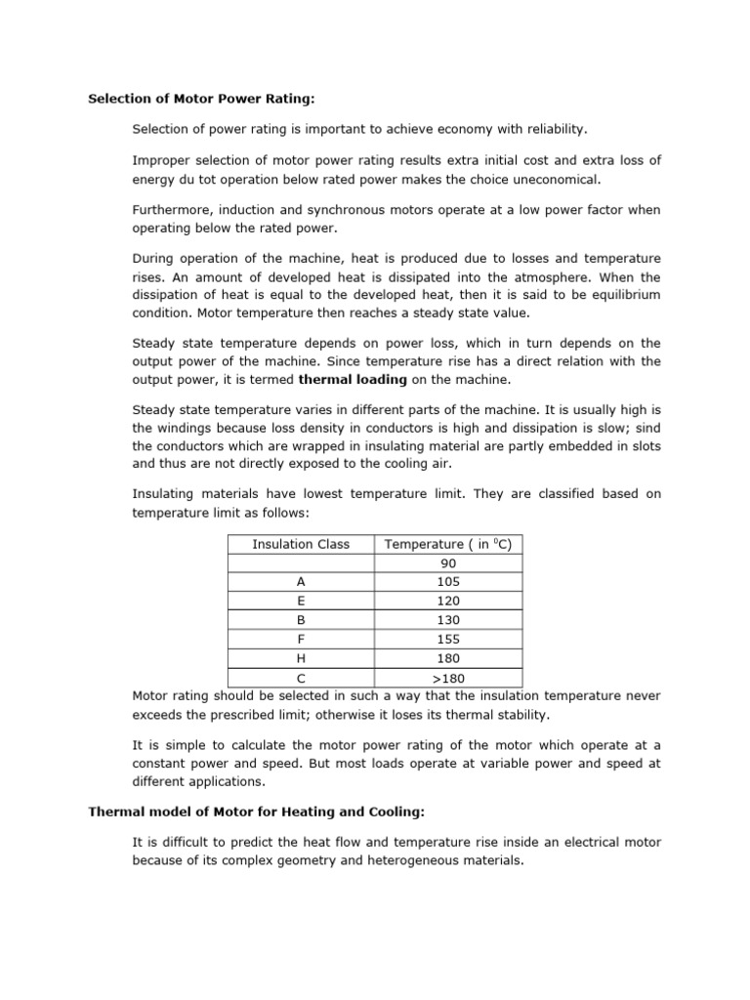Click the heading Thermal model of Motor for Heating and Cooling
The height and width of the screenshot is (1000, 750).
(257, 812)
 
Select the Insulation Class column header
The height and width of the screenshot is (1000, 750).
(301, 544)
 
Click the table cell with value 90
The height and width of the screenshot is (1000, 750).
(448, 563)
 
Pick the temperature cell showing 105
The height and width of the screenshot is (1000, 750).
(448, 582)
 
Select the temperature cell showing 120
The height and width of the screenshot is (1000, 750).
(448, 601)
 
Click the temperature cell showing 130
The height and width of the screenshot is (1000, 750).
(448, 620)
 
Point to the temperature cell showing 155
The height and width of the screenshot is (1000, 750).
(448, 639)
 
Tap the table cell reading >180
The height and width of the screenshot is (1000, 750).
(448, 677)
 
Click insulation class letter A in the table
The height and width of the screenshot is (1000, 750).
(301, 582)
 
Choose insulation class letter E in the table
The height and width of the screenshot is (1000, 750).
(301, 601)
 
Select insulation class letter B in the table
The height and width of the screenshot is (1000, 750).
(301, 620)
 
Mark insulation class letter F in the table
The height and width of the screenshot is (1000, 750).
(301, 639)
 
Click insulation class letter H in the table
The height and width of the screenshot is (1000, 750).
(301, 658)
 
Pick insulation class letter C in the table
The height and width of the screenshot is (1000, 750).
(301, 677)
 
